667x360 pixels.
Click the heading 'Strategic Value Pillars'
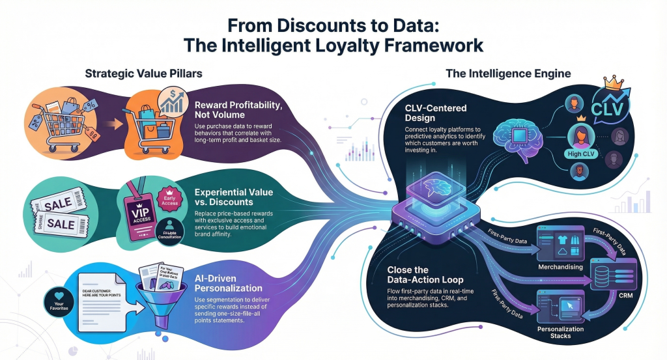[140, 74]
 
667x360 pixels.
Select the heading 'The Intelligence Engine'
[508, 74]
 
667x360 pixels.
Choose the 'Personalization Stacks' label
[561, 331]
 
